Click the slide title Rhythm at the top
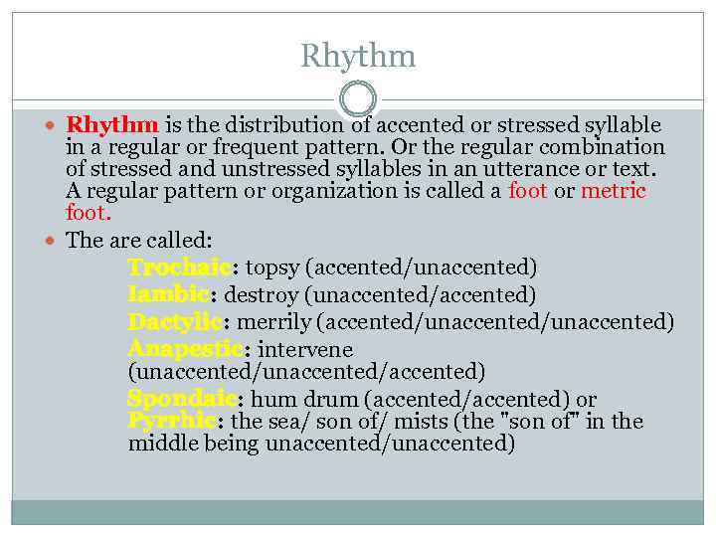tap(358, 57)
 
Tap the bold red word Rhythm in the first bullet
tap(112, 125)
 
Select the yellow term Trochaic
tap(179, 268)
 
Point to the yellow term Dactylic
tap(175, 322)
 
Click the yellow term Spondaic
tap(182, 399)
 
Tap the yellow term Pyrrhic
tap(172, 422)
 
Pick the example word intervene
tap(306, 349)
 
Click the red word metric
tap(614, 191)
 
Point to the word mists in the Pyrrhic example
tap(420, 422)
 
